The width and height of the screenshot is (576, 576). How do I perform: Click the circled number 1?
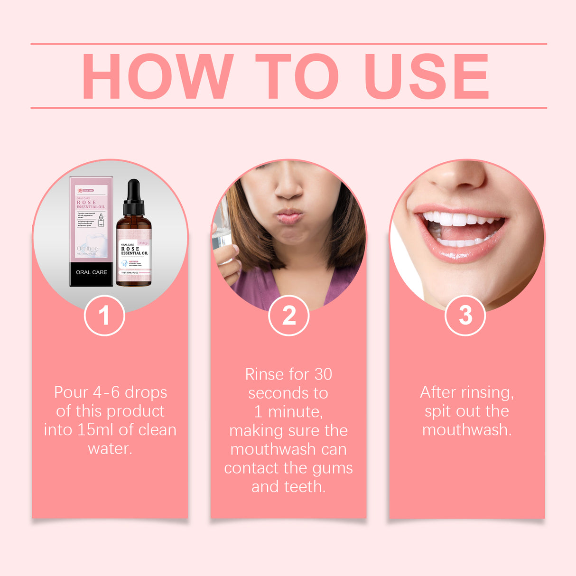tap(104, 316)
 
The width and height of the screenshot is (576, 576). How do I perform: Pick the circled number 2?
tap(288, 316)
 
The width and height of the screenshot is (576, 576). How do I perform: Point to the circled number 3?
tap(465, 315)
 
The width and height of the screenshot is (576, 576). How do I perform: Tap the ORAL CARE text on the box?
tap(91, 272)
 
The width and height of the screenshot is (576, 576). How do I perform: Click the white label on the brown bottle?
tap(134, 256)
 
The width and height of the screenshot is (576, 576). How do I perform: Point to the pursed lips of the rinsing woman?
tap(290, 216)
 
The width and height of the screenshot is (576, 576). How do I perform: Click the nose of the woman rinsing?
tap(288, 187)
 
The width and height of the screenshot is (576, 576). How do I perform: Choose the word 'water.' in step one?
tap(110, 448)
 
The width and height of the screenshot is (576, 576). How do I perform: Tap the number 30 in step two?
tap(323, 374)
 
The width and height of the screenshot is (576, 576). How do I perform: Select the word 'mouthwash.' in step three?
tap(467, 430)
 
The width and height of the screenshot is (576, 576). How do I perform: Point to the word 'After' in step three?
tap(438, 392)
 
